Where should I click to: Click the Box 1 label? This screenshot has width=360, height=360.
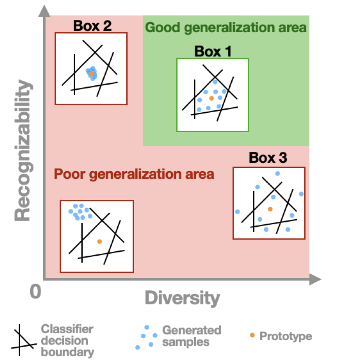click(213, 52)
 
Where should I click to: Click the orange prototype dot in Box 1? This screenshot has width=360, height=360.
click(211, 98)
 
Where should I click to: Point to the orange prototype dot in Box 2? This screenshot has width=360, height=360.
click(91, 73)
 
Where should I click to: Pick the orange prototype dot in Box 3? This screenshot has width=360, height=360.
click(270, 209)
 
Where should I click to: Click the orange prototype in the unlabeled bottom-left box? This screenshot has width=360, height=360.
click(99, 241)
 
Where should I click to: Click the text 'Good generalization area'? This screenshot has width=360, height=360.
click(226, 28)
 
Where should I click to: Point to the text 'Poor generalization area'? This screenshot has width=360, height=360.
click(134, 175)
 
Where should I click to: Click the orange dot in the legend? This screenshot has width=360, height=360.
click(252, 335)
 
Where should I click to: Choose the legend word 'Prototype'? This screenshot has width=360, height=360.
click(286, 336)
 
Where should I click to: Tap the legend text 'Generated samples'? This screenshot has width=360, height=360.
click(191, 335)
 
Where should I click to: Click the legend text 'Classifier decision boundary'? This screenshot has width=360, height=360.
click(67, 340)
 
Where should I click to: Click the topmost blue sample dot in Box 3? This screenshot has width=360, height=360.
click(277, 174)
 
